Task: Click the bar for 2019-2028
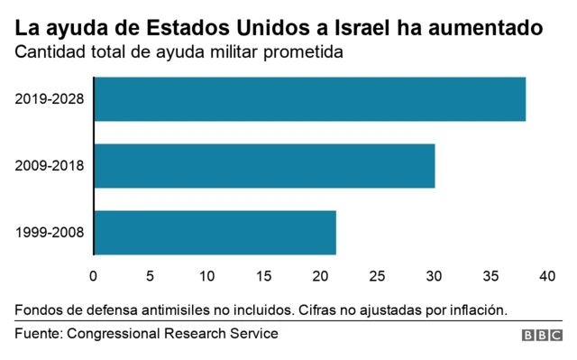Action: (309, 99)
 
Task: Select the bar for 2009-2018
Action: (264, 166)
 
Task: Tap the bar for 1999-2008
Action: (215, 232)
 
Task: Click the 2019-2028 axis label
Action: (50, 99)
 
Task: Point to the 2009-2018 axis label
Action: (50, 166)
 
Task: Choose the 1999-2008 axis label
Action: (50, 232)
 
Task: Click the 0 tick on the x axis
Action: (94, 275)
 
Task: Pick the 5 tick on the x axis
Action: (151, 275)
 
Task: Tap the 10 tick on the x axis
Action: (206, 275)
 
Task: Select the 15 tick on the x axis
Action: (263, 275)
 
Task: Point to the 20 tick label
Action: (320, 275)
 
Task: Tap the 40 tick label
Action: (545, 275)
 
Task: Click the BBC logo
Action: (541, 335)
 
